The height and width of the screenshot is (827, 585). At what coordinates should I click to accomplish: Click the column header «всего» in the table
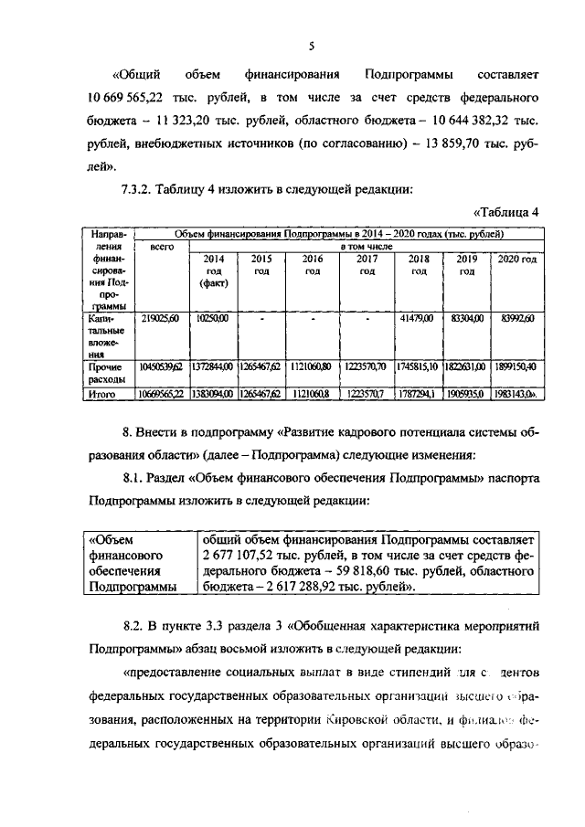coord(161,247)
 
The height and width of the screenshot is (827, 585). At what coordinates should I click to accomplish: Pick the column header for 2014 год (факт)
coord(211,270)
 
